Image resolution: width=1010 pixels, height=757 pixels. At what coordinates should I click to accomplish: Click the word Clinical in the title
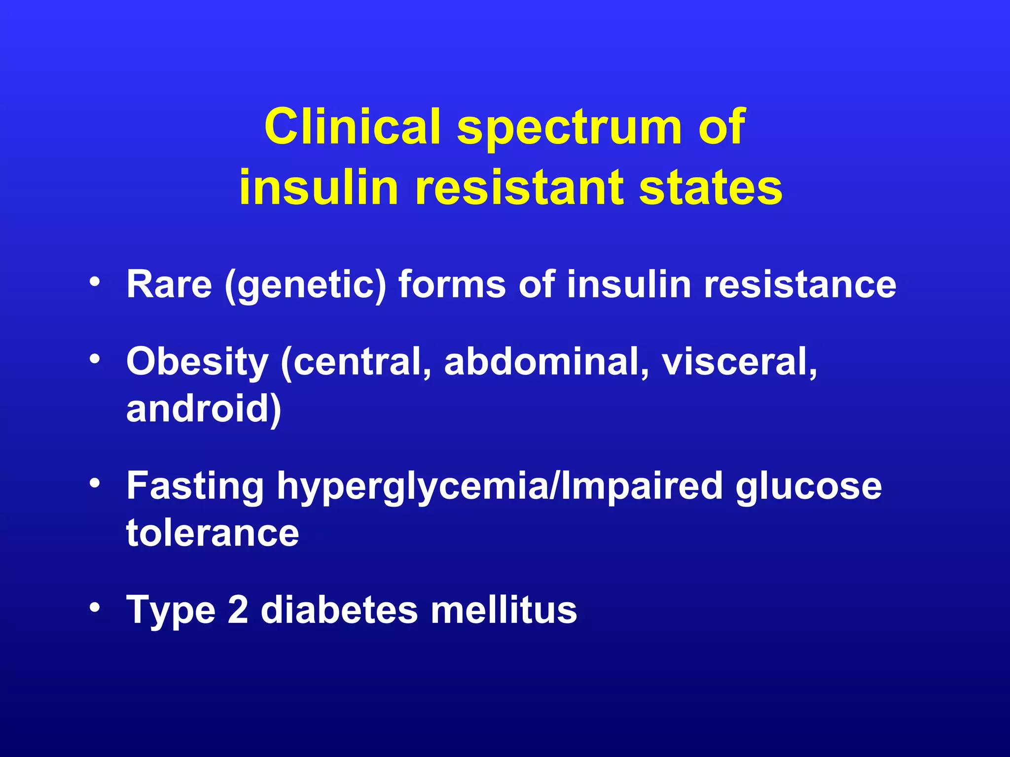coord(352,127)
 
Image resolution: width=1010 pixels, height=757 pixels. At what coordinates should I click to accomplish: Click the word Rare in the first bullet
coord(169,284)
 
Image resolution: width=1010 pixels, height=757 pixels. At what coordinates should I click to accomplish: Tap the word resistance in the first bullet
coord(800,284)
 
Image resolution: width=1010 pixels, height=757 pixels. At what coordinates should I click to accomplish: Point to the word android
coord(203,409)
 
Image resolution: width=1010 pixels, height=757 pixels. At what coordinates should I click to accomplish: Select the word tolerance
coord(213,533)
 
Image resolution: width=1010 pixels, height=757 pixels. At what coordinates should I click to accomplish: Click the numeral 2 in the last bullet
coord(238,610)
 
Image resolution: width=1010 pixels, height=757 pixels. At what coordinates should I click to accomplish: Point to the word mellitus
coord(504,610)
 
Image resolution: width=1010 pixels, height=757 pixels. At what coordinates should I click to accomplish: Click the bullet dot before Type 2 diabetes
coord(95,606)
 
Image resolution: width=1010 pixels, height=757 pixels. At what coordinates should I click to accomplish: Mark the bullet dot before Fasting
coord(95,482)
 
